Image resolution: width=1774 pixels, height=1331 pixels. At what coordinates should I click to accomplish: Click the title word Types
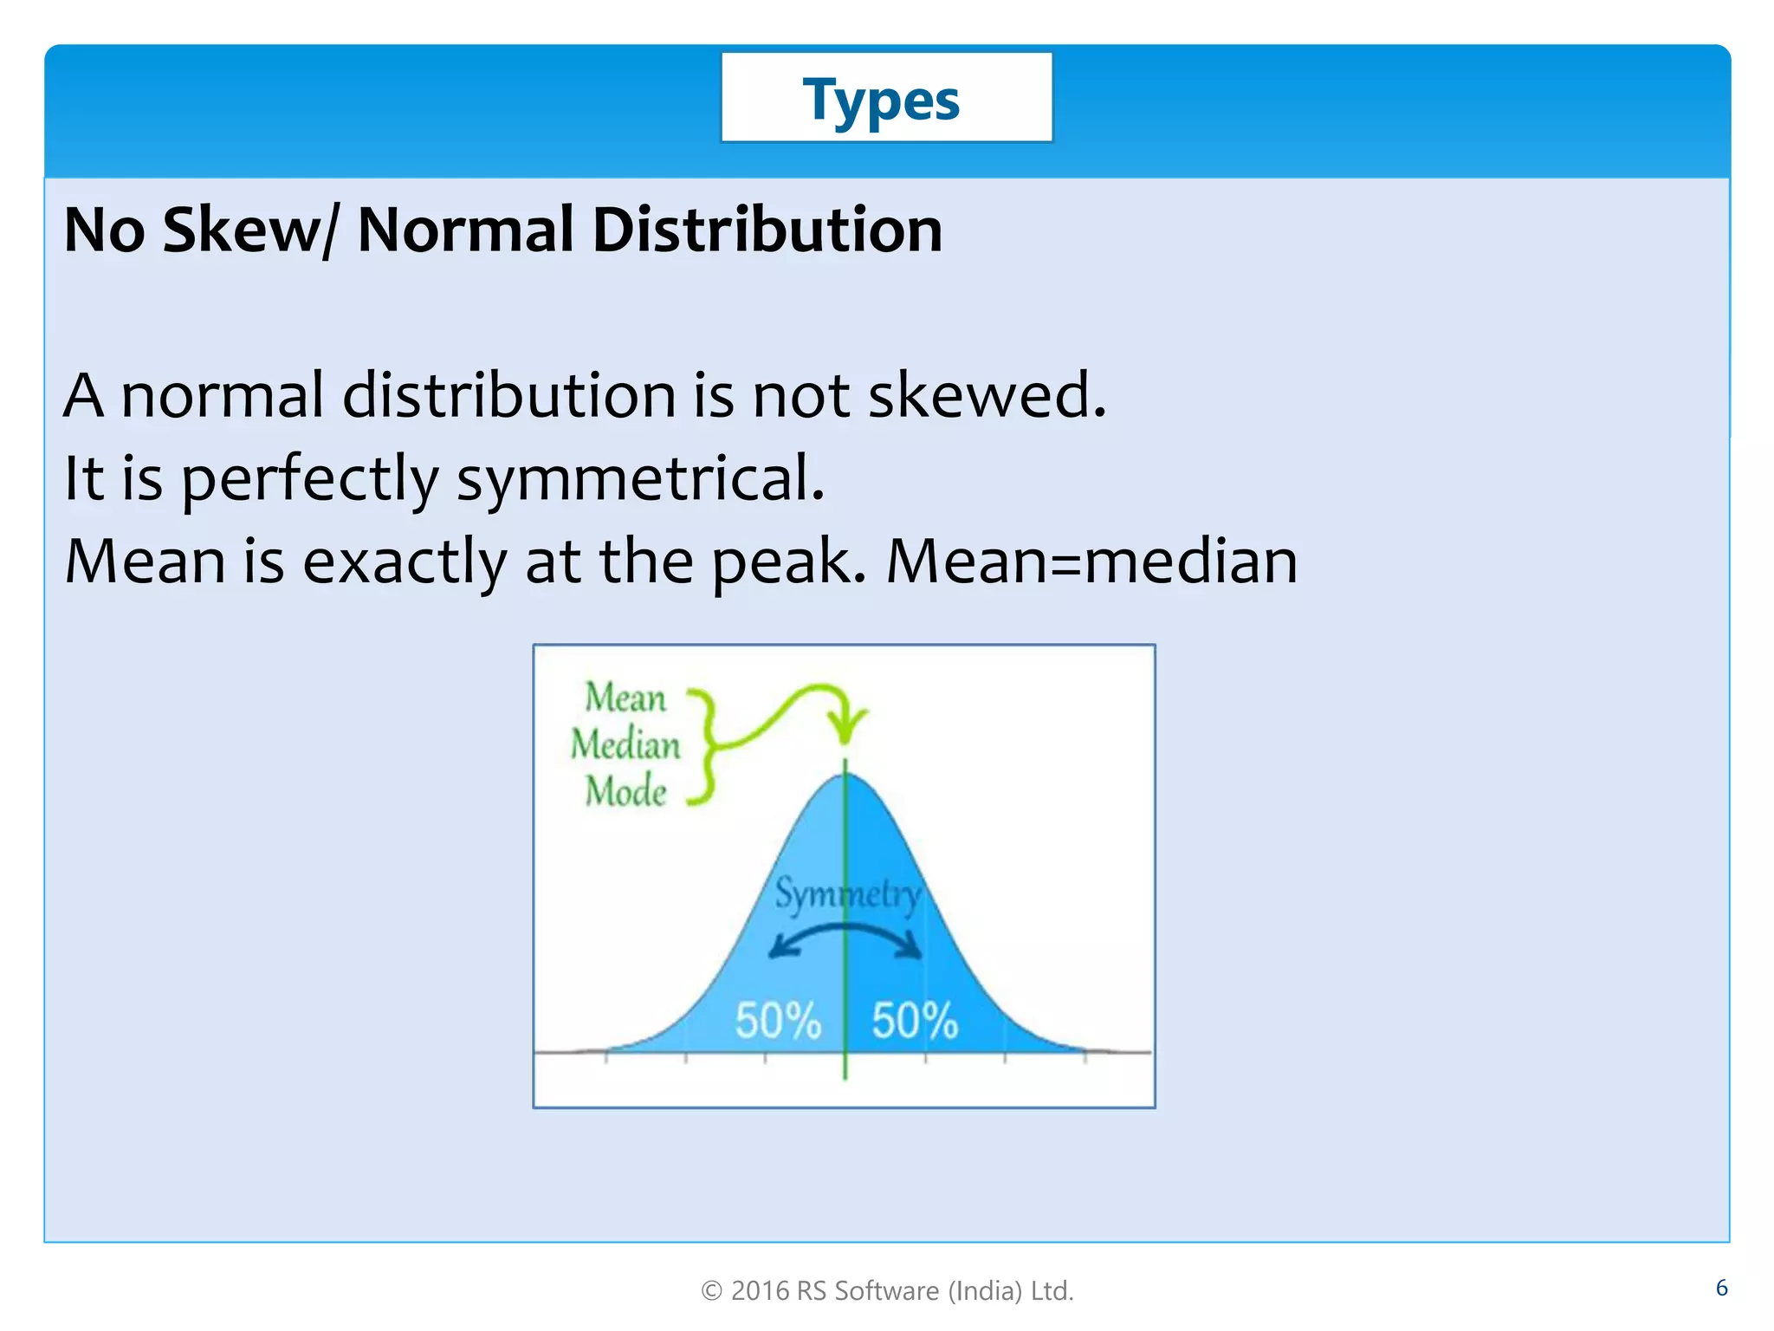click(881, 101)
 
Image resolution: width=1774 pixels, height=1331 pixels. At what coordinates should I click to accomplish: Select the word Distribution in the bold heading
click(767, 230)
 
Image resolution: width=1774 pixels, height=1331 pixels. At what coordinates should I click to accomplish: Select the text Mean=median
click(1091, 562)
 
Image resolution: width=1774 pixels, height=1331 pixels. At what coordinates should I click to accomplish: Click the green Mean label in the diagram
click(625, 698)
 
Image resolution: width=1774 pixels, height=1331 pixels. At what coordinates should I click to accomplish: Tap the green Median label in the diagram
click(625, 744)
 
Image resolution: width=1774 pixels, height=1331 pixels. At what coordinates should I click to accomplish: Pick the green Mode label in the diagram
click(625, 791)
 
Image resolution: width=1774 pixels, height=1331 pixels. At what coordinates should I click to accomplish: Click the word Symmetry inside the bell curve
click(846, 893)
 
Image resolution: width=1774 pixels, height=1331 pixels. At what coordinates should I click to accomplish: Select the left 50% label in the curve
click(777, 1020)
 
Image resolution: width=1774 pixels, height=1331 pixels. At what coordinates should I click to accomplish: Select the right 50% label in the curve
click(915, 1020)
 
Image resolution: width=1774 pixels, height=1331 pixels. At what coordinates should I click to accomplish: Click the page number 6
click(1721, 1288)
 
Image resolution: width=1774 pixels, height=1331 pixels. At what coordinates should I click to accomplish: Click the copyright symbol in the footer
click(711, 1291)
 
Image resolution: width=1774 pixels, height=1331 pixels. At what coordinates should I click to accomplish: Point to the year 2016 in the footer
click(760, 1291)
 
